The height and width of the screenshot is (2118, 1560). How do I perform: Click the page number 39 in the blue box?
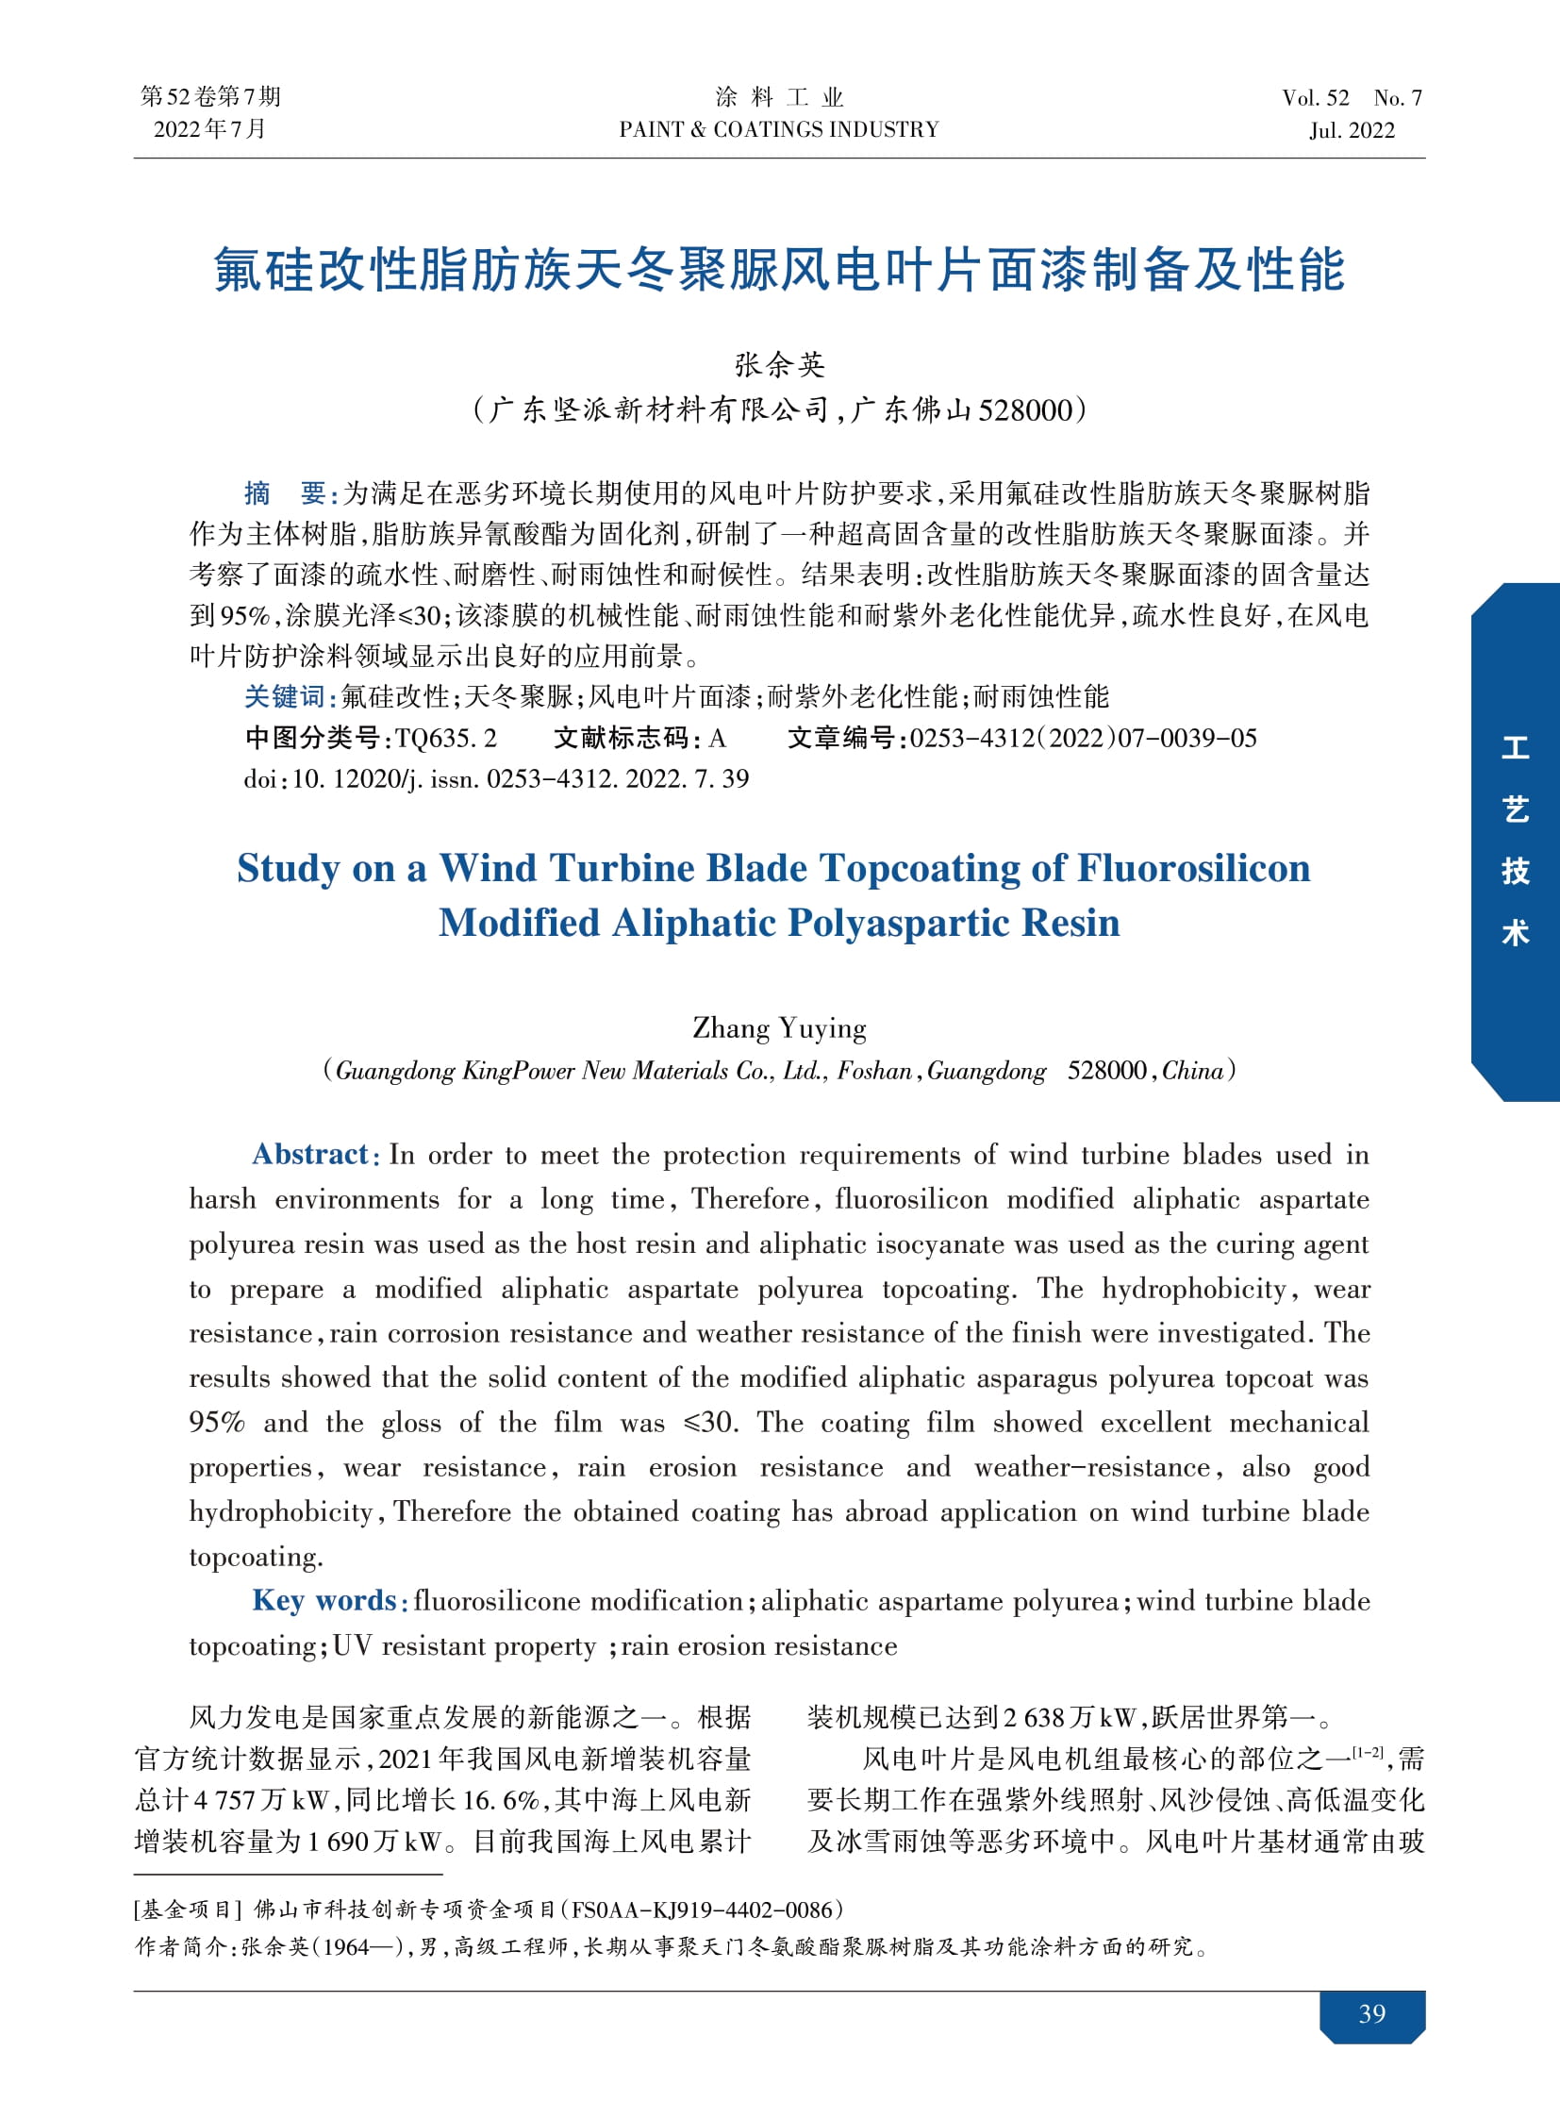point(1371,2013)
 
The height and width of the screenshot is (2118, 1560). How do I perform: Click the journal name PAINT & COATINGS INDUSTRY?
point(779,129)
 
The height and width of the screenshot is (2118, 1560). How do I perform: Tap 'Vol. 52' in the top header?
point(1316,97)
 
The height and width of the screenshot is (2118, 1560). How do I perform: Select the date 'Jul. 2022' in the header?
point(1352,130)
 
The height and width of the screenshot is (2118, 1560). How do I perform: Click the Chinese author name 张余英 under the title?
point(779,365)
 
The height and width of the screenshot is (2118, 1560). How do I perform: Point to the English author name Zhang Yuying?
point(779,1027)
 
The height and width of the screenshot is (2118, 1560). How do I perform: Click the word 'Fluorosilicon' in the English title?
point(1194,868)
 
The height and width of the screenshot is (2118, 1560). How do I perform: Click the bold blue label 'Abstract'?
point(309,1154)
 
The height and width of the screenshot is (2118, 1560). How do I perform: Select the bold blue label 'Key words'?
point(324,1600)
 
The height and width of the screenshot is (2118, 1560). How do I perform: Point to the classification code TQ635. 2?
point(446,738)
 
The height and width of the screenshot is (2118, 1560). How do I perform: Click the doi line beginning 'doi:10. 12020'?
point(496,778)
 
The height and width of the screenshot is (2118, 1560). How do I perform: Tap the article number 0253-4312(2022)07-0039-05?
point(1083,738)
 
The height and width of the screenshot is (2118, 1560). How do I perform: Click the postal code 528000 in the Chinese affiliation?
point(1025,410)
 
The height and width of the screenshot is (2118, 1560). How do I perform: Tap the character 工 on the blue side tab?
point(1515,748)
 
